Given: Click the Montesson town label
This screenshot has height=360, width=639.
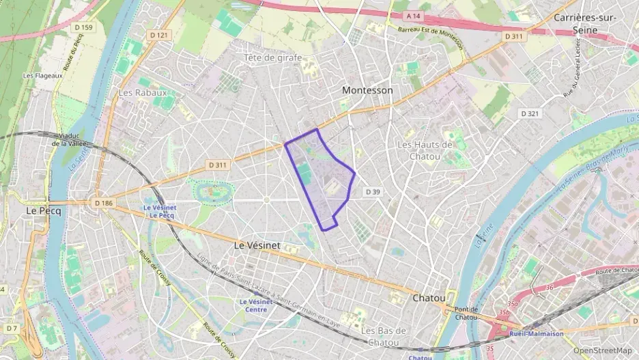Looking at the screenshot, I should pos(367,90).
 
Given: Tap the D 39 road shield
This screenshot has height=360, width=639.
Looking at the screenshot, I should pos(372,192).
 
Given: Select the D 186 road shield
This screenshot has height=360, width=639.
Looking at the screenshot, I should pos(103,203).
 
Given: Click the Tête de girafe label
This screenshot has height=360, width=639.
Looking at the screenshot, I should pos(272,58).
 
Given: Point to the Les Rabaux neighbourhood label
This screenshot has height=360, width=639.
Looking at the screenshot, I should pos(143,92).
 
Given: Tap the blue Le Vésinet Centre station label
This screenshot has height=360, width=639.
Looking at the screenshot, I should pos(256,305).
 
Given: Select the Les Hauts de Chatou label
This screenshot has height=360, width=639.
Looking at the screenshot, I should pos(425,150).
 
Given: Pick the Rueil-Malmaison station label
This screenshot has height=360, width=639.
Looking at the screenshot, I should pos(536,334).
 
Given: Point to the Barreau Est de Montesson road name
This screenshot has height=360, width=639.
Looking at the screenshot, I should pos(429,38).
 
